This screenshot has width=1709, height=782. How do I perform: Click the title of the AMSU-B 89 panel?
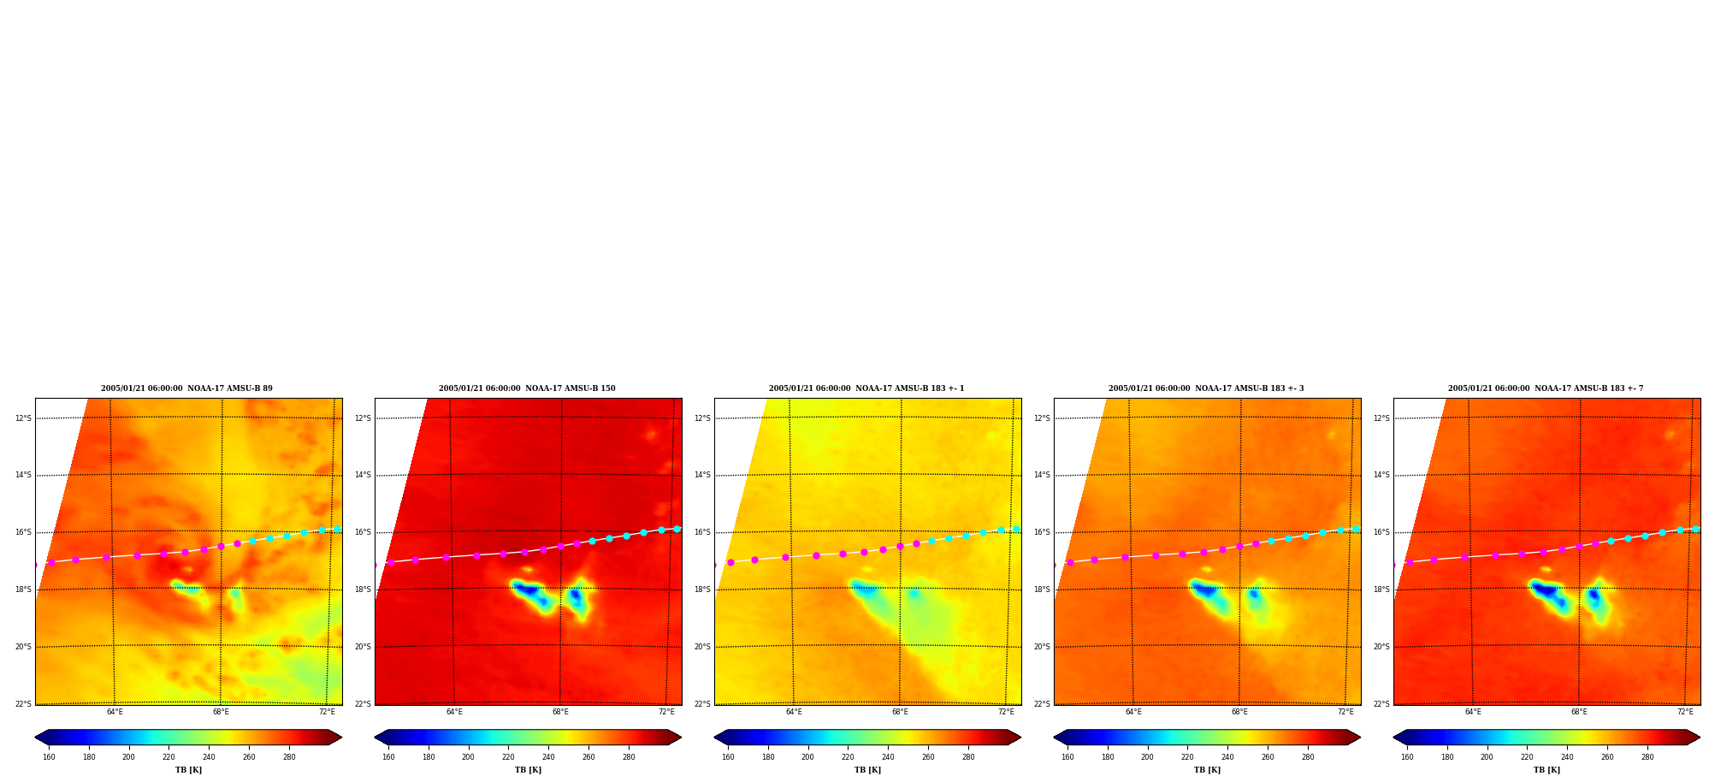click(x=186, y=388)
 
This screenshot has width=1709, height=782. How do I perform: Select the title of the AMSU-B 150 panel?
click(x=527, y=388)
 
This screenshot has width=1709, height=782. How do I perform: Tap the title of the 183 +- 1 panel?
click(x=866, y=388)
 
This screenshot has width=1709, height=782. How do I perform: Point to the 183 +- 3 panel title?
click(x=1206, y=388)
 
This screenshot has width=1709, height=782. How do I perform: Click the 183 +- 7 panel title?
click(x=1546, y=388)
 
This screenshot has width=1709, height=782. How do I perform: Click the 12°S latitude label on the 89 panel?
click(x=23, y=418)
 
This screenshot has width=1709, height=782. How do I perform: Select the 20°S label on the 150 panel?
click(x=363, y=647)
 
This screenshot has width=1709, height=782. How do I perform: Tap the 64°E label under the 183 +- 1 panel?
click(x=794, y=712)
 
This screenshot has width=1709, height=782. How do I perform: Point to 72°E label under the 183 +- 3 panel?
click(x=1345, y=712)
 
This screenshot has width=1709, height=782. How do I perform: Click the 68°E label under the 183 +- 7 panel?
click(x=1579, y=712)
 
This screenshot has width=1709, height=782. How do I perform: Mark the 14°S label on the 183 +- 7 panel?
click(x=1381, y=475)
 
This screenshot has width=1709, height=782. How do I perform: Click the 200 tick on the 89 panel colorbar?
click(x=128, y=757)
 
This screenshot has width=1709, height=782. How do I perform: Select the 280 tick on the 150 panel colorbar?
click(x=629, y=757)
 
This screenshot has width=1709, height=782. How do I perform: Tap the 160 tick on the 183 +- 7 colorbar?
click(x=1407, y=757)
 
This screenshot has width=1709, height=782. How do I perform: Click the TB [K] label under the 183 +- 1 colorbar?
click(x=867, y=770)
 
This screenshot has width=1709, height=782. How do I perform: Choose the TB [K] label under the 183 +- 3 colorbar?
click(x=1207, y=770)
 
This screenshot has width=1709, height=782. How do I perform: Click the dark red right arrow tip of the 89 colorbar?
click(x=340, y=738)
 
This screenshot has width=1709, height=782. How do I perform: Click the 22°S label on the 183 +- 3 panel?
click(x=1042, y=704)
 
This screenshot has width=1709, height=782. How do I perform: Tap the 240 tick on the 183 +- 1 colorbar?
click(x=888, y=757)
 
